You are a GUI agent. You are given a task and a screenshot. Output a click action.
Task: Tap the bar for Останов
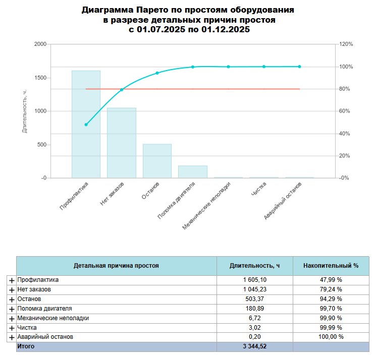pyautogui.click(x=157, y=161)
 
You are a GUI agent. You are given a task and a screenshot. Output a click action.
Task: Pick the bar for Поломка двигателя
pyautogui.click(x=193, y=171)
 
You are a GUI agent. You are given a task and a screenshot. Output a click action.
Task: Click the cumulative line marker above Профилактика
pyautogui.click(x=86, y=125)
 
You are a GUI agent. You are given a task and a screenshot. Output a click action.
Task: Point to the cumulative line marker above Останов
pyautogui.click(x=157, y=73)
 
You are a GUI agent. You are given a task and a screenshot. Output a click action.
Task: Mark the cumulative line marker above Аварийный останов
pyautogui.click(x=299, y=67)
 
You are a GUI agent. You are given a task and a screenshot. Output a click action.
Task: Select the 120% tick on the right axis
pyautogui.click(x=346, y=44)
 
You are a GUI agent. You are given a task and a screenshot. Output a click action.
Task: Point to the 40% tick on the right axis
pyautogui.click(x=345, y=134)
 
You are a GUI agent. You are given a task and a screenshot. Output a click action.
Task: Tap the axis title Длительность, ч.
pyautogui.click(x=24, y=111)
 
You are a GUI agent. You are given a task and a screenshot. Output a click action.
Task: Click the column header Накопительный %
pyautogui.click(x=331, y=265)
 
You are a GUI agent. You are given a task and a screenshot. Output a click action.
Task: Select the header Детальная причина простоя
pyautogui.click(x=116, y=265)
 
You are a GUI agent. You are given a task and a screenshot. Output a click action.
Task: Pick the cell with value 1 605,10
pyautogui.click(x=254, y=280)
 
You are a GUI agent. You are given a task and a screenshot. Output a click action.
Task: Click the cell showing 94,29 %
pyautogui.click(x=331, y=299)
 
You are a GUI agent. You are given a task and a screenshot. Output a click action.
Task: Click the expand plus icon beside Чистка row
pyautogui.click(x=12, y=328)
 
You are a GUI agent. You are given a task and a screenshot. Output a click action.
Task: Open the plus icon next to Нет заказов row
pyautogui.click(x=12, y=290)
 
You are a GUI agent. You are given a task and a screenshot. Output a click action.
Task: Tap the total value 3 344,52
pyautogui.click(x=254, y=347)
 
